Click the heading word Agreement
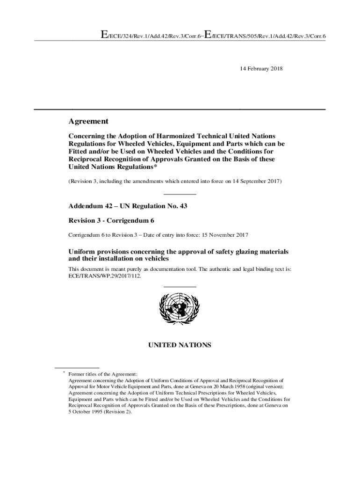point(88,121)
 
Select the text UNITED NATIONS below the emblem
point(180,345)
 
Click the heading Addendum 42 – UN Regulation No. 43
point(128,206)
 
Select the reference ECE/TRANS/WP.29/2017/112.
point(104,276)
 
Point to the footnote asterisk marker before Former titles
point(64,373)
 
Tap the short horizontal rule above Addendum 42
point(180,194)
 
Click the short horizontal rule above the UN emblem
point(180,286)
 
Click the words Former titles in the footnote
point(85,374)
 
